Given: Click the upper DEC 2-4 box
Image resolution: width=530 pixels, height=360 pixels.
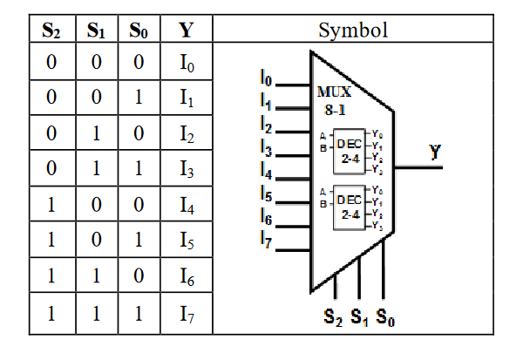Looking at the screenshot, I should (350, 148).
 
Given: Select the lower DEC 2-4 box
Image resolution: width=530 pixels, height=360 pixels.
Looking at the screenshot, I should (350, 206).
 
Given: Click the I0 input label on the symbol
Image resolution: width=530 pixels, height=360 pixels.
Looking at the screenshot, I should (266, 80).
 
